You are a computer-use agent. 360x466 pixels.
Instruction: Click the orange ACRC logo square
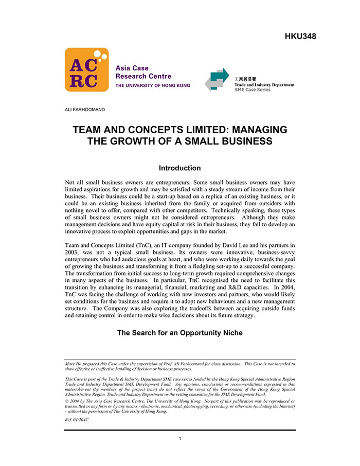point(86,70)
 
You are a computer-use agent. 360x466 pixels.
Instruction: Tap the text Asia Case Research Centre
point(132,72)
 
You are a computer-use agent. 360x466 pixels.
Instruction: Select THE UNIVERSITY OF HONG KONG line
point(152,85)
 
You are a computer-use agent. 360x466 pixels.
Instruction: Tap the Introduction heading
point(179,168)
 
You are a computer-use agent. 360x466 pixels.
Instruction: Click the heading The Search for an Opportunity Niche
point(179,333)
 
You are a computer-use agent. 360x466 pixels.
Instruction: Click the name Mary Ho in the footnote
point(74,364)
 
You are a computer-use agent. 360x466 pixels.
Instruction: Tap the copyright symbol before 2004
point(66,400)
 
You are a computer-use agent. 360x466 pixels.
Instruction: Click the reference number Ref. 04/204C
point(76,420)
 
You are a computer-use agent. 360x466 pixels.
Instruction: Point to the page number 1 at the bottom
point(179,438)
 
